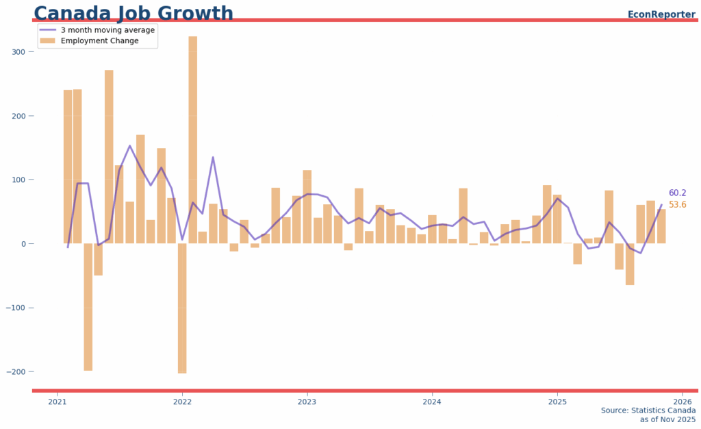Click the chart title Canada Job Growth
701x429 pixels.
pyautogui.click(x=133, y=13)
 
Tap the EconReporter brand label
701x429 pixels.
pyautogui.click(x=661, y=14)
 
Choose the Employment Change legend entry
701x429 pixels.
pyautogui.click(x=99, y=41)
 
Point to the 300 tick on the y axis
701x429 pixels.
pyautogui.click(x=18, y=52)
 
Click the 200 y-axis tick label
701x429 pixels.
pyautogui.click(x=18, y=116)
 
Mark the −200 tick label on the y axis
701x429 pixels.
pyautogui.click(x=16, y=371)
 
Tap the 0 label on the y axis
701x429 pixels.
pyautogui.click(x=23, y=244)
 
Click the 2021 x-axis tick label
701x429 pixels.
pyautogui.click(x=58, y=402)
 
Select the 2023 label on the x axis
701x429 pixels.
pyautogui.click(x=307, y=402)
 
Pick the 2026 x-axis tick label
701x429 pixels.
pyautogui.click(x=682, y=402)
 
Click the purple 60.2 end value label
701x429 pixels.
pyautogui.click(x=678, y=193)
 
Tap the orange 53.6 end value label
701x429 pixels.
pyautogui.click(x=678, y=205)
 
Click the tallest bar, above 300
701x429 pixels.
pyautogui.click(x=193, y=137)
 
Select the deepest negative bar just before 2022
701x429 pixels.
pyautogui.click(x=182, y=308)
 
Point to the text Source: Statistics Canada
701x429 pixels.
pyautogui.click(x=648, y=410)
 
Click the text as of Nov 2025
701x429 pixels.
pyautogui.click(x=667, y=419)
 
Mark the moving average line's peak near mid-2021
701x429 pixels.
pyautogui.click(x=130, y=145)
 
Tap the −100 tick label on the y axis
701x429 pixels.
pyautogui.click(x=16, y=308)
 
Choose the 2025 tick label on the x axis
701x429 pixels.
pyautogui.click(x=557, y=402)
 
